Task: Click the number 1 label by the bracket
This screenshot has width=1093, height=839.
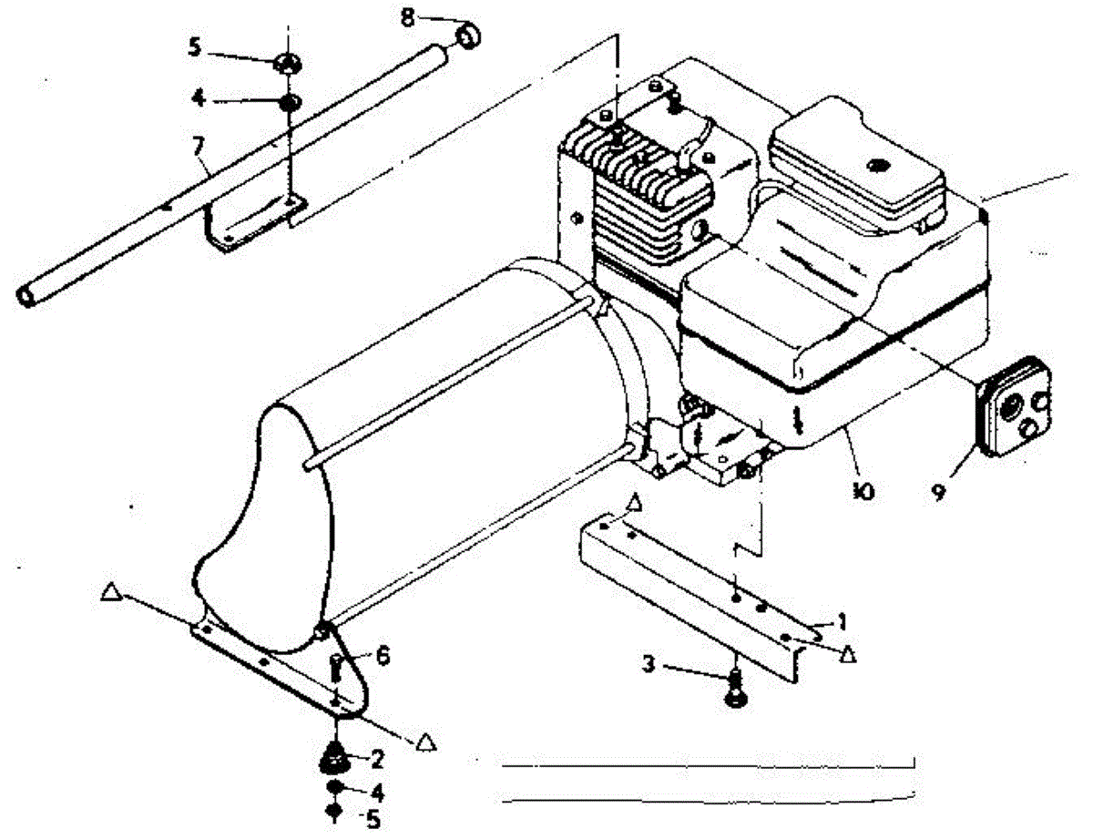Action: click(843, 622)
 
